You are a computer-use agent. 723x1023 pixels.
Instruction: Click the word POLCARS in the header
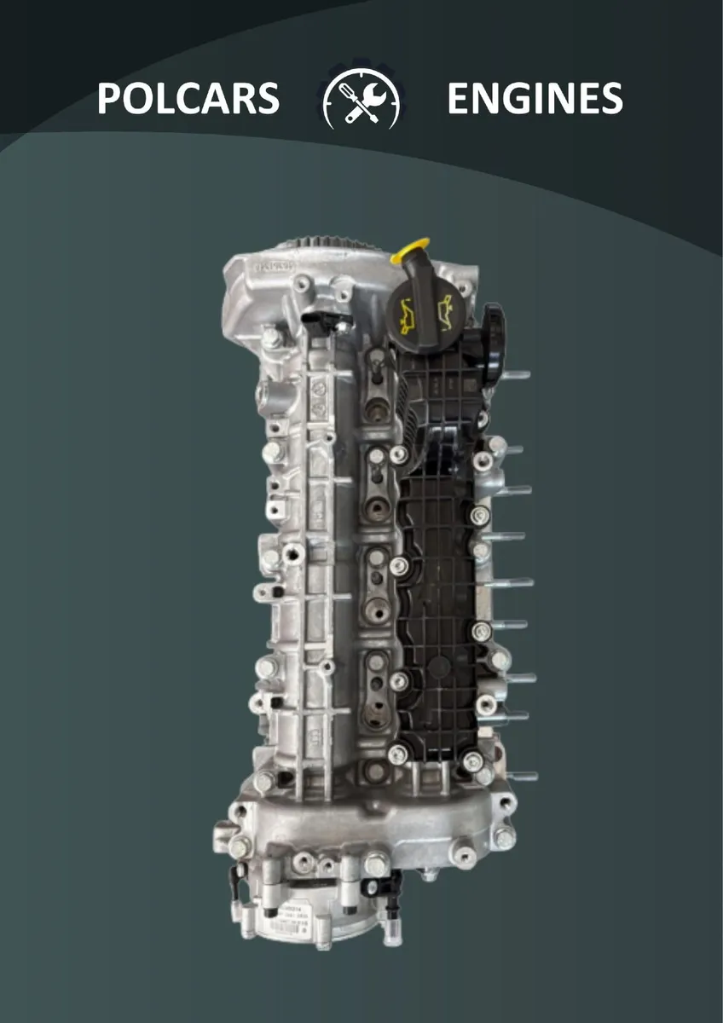point(188,99)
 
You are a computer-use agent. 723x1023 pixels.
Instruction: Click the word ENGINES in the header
point(535,99)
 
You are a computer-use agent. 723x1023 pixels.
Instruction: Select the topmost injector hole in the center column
point(376,361)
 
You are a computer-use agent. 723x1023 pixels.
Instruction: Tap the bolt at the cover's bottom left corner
point(397,754)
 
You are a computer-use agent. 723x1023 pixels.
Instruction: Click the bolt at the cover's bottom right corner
point(473,759)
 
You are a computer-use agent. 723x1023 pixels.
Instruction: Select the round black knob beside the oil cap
point(492,327)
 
